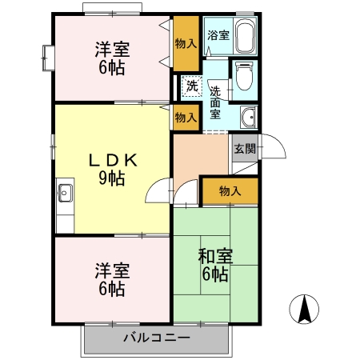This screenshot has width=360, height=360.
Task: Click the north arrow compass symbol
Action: point(304,310)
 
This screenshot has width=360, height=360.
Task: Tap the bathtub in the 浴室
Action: point(245,36)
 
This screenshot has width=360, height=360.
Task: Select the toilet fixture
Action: point(244,76)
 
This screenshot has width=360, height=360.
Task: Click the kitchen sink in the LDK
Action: point(64,193)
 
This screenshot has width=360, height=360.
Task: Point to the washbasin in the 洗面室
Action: point(249,117)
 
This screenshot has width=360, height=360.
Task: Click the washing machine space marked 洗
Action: point(192,86)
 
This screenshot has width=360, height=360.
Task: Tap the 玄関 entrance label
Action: point(245,149)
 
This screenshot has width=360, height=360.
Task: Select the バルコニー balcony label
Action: point(157,338)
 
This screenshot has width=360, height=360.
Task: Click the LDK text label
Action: point(113,161)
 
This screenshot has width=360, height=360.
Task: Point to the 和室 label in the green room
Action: point(215,256)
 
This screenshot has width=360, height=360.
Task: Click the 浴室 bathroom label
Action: point(218,35)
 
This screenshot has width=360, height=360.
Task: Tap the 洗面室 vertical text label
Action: point(215,102)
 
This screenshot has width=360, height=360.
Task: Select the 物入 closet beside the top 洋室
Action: point(186,43)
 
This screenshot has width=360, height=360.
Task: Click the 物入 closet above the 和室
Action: point(230,191)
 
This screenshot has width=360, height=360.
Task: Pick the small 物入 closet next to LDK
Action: point(186,118)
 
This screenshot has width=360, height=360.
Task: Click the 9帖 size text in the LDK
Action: point(112,178)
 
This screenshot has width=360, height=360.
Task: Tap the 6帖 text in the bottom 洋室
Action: point(112,289)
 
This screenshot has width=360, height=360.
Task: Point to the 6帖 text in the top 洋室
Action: point(112,68)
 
